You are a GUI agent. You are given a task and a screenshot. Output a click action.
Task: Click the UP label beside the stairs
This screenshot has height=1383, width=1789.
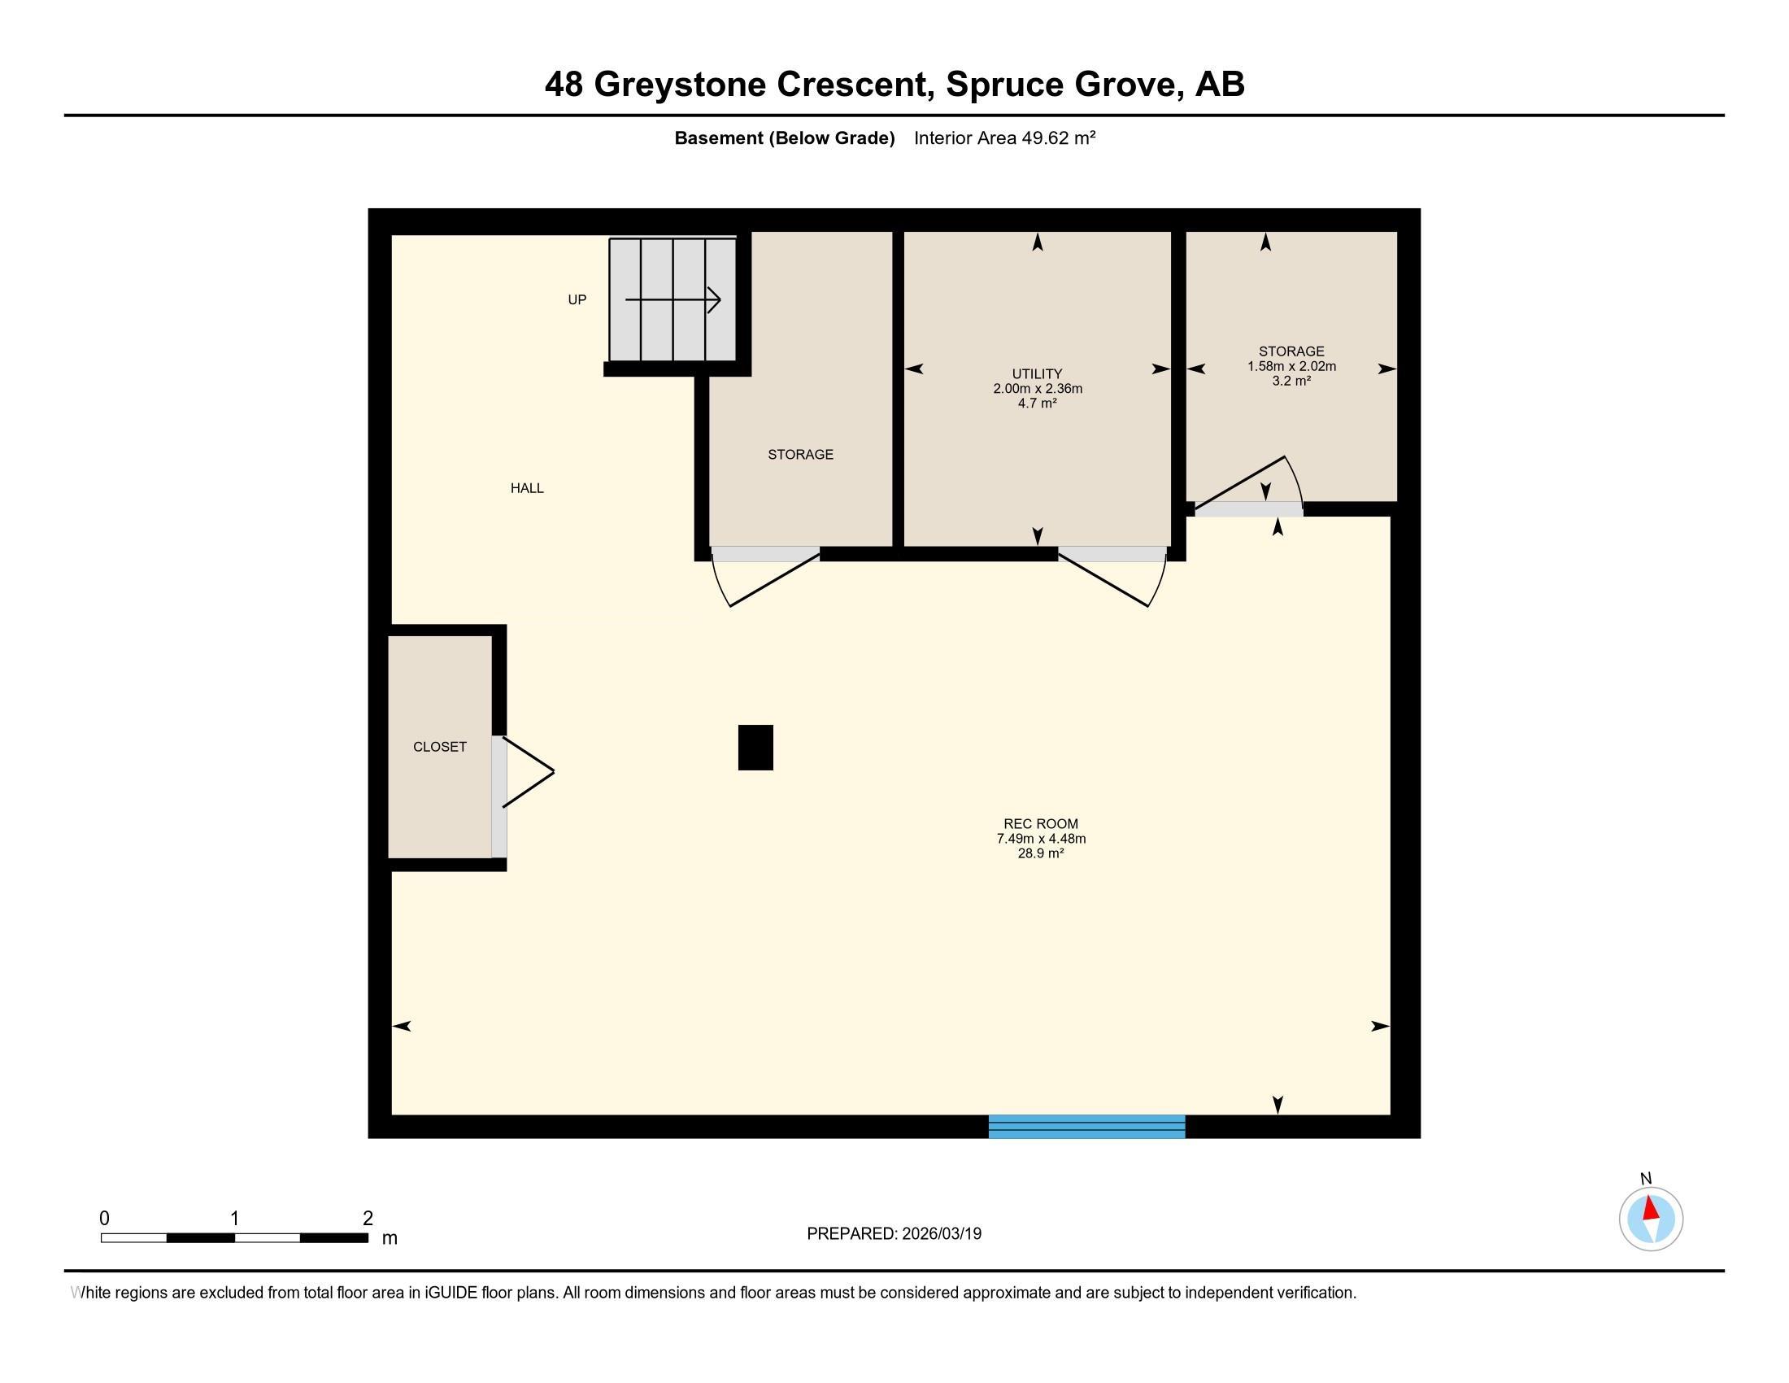tap(577, 300)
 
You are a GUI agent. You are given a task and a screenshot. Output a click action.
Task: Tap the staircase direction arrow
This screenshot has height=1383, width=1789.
tap(673, 300)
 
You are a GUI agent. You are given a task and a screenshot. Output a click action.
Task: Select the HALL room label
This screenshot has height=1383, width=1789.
tap(527, 488)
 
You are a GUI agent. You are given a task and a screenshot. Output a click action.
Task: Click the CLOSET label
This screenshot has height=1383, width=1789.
tap(440, 747)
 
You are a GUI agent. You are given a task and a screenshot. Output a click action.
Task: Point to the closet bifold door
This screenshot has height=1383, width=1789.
tap(528, 772)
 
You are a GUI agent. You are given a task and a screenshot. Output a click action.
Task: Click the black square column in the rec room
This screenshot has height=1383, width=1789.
tap(755, 747)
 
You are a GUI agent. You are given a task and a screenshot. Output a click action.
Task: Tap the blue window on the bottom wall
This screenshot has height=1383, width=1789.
tap(1087, 1127)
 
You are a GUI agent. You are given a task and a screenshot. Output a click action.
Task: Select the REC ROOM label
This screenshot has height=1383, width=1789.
tap(1041, 824)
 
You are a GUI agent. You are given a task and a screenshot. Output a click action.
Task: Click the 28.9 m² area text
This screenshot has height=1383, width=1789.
tap(1041, 853)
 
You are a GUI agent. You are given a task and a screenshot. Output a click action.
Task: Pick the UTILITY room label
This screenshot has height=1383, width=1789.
tap(1037, 373)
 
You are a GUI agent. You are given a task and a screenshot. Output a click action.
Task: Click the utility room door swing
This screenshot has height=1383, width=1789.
tap(1112, 578)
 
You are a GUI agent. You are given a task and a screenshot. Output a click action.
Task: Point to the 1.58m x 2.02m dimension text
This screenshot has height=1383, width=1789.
tap(1292, 366)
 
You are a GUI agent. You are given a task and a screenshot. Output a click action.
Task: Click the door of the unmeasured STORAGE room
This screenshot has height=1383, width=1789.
tap(766, 578)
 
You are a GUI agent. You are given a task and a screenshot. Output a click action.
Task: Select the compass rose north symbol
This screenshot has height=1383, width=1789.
tap(1651, 1219)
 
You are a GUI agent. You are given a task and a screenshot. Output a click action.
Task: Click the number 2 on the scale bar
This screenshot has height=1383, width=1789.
tap(368, 1219)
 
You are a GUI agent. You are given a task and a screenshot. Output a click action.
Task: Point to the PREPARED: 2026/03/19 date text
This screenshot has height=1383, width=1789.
tap(894, 1234)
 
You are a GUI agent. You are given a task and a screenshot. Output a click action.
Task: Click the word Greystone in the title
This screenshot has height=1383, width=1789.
tap(679, 85)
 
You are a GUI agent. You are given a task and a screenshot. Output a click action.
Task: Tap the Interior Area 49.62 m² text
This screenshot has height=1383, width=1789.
tap(1005, 138)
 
